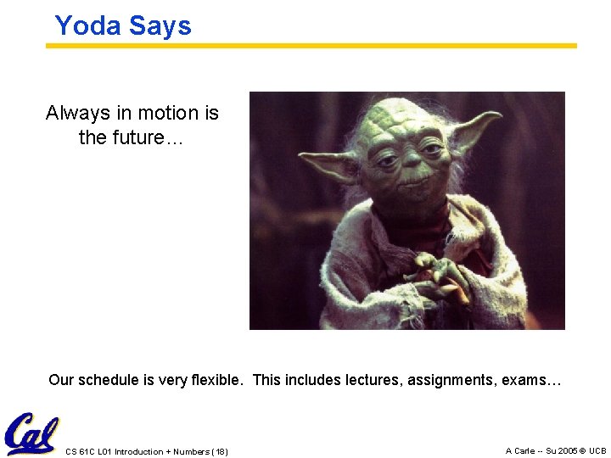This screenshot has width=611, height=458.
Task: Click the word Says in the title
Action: point(160,25)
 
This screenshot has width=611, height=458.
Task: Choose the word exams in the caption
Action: point(531,380)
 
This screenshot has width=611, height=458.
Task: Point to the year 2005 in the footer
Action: point(563,450)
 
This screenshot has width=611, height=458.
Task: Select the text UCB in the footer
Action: point(597,450)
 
